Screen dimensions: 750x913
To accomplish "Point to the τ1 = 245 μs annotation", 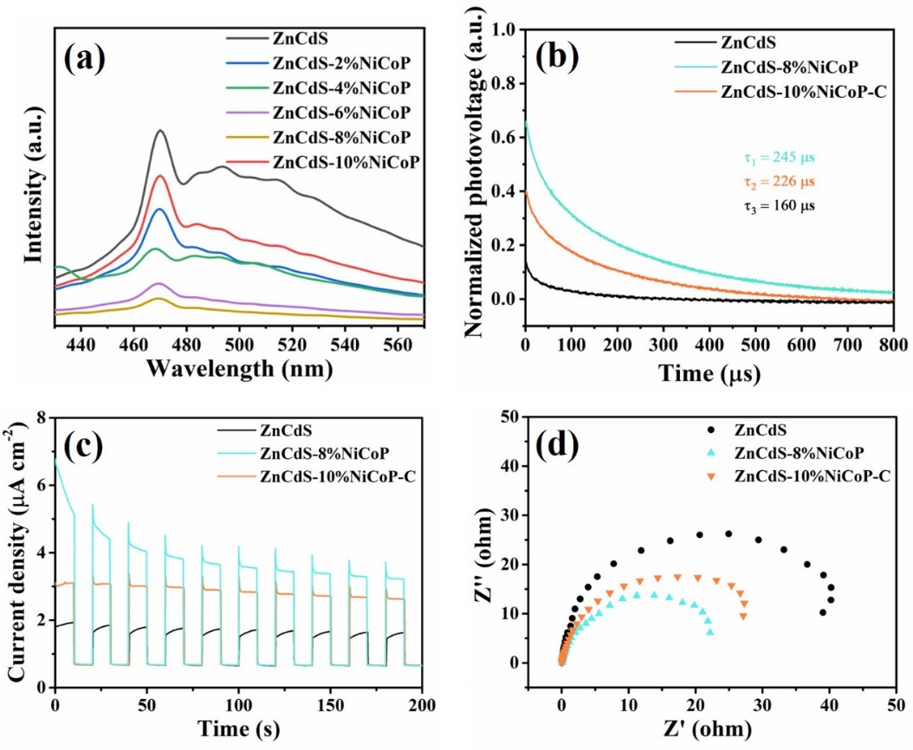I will tap(780, 158).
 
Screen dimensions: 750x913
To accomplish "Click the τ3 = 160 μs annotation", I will tap(780, 206).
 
